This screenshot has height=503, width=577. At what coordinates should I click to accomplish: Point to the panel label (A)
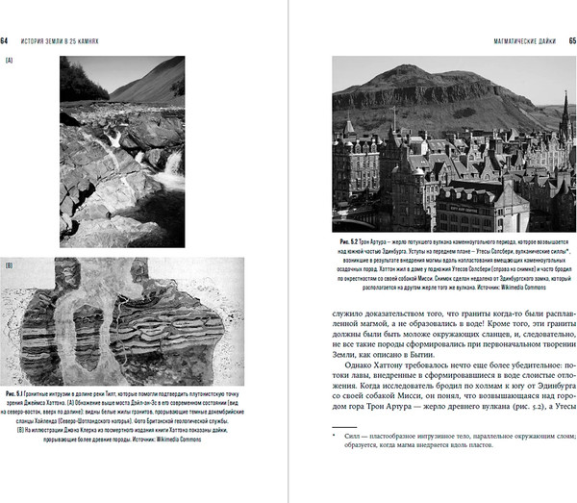coord(9,62)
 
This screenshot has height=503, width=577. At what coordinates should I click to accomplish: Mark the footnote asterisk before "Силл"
coord(336,463)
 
